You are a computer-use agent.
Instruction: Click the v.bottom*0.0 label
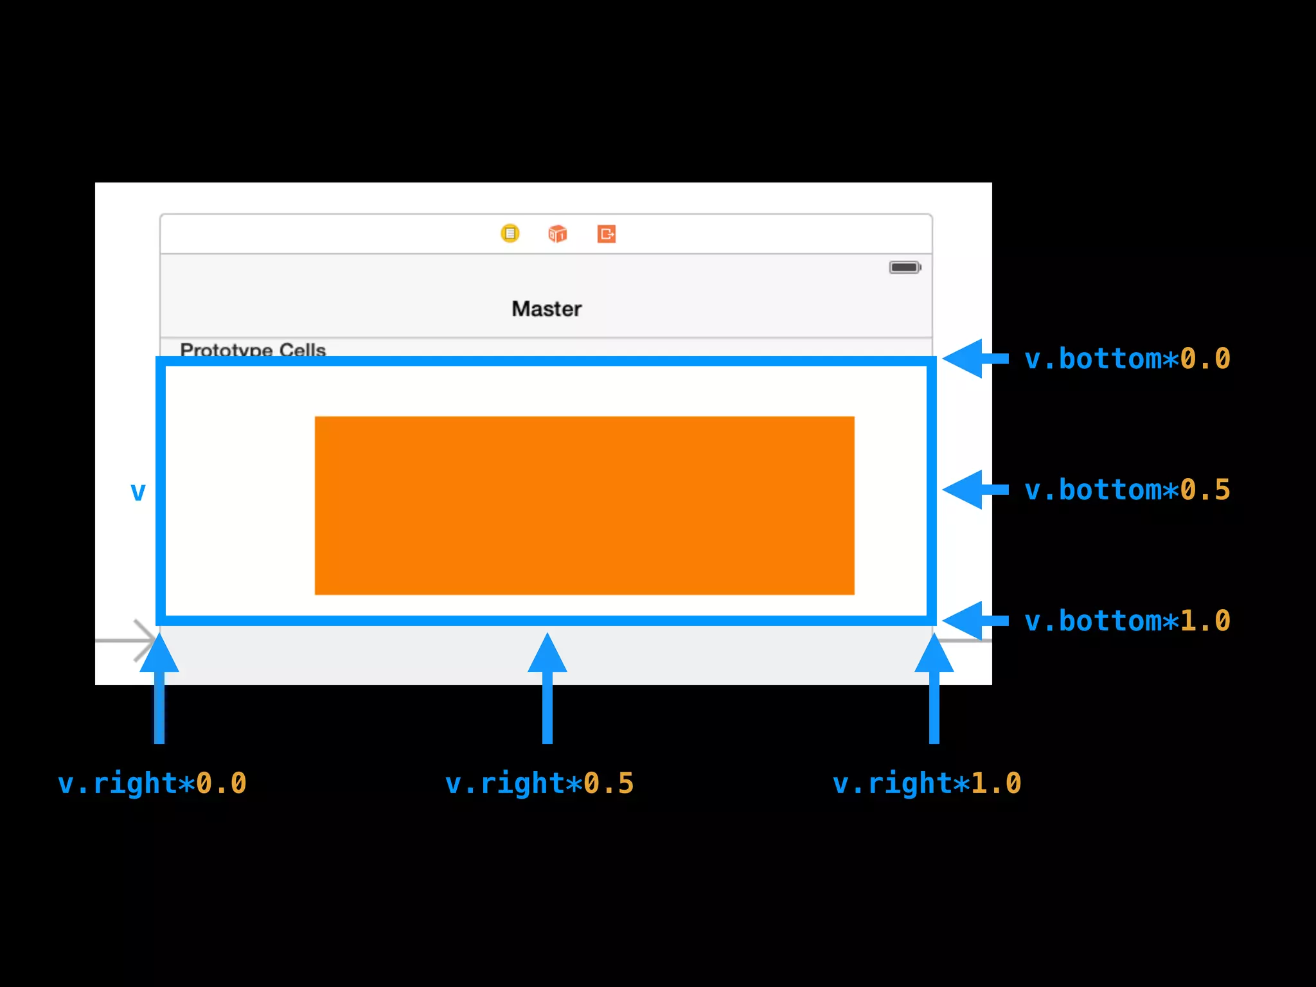point(1127,359)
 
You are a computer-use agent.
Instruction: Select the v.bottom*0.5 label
point(1127,490)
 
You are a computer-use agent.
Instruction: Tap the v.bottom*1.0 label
point(1127,621)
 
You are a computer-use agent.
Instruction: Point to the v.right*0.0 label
point(152,783)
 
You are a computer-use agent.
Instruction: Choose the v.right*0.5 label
point(540,783)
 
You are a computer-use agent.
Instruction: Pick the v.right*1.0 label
point(927,783)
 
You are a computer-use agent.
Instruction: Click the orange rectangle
point(584,506)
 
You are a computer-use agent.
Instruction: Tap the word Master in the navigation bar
point(547,309)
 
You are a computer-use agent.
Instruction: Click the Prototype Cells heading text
point(253,350)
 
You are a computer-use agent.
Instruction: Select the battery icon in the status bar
point(905,267)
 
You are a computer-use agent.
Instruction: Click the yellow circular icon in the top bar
point(510,233)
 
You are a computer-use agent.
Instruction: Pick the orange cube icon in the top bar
point(557,233)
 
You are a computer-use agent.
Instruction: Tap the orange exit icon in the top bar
point(607,233)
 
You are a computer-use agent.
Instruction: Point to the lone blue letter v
point(138,492)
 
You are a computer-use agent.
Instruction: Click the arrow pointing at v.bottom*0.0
point(974,359)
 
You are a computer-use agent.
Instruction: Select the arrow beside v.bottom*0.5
point(974,490)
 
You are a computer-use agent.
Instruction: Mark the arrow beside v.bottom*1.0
point(974,621)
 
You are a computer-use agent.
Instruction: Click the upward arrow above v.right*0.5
point(547,688)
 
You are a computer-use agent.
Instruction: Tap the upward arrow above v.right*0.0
point(159,688)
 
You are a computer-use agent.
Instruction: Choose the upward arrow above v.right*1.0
point(934,688)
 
